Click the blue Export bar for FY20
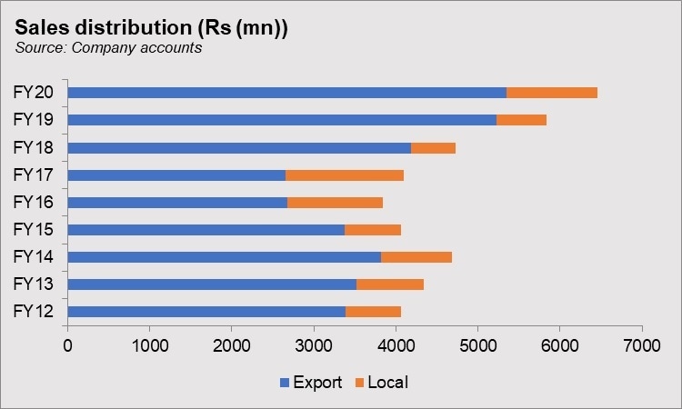[x=286, y=93]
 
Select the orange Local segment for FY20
[x=552, y=93]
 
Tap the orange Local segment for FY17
[x=345, y=175]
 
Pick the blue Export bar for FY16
[x=177, y=202]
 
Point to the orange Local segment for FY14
[x=416, y=256]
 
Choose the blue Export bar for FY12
[x=206, y=312]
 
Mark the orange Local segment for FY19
[x=521, y=120]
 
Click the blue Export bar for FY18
[x=239, y=147]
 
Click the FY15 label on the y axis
[x=33, y=229]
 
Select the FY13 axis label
[x=33, y=284]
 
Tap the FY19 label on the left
[x=33, y=119]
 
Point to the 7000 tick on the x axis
[x=641, y=346]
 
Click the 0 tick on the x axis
[x=67, y=346]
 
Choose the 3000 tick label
[x=313, y=346]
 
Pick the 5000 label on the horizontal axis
[x=477, y=346]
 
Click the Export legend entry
[x=316, y=383]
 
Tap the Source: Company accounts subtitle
[x=107, y=48]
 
